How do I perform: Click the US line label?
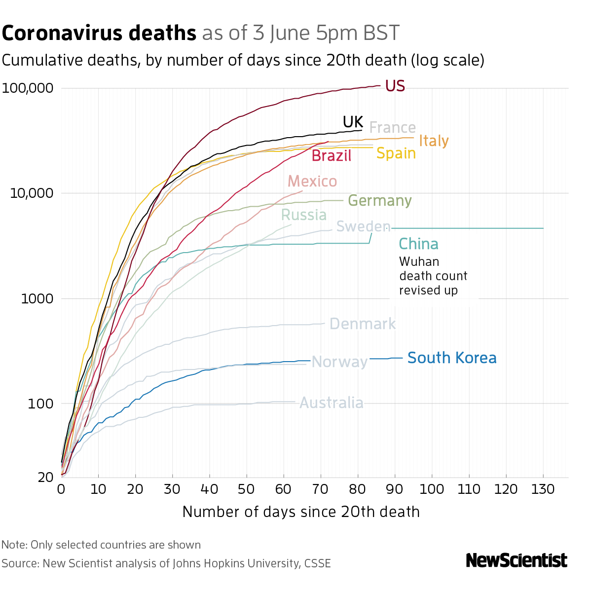395,86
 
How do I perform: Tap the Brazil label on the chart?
332,156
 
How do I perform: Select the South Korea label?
452,358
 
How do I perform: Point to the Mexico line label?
312,182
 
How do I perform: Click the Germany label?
379,201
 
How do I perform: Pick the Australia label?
332,403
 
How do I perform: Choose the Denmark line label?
362,324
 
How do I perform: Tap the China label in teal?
418,244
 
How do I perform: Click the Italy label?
434,141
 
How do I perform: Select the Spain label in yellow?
396,153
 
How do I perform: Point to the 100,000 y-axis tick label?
28,89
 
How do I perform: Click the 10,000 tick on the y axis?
31,193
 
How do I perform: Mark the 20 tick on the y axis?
45,478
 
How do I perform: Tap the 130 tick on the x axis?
543,489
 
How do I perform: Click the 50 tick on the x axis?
246,489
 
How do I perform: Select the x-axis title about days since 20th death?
301,512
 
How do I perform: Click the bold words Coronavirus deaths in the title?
99,34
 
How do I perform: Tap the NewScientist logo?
517,560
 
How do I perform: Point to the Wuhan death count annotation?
433,276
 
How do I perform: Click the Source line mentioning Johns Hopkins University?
166,563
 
